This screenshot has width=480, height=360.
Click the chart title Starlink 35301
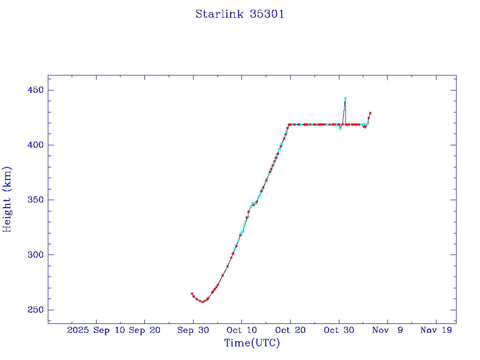[240, 14]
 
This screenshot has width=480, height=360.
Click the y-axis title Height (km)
[7, 199]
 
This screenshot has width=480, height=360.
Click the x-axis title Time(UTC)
[252, 343]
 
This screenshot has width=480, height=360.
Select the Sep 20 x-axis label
[144, 330]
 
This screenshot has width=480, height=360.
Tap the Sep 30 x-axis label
[193, 330]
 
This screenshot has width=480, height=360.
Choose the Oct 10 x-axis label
[241, 330]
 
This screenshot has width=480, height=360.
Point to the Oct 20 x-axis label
[290, 330]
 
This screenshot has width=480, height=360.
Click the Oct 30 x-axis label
[339, 330]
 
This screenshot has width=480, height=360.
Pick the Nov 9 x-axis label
[387, 330]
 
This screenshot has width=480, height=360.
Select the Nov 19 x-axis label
[436, 330]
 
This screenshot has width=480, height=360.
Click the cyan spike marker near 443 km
[345, 98]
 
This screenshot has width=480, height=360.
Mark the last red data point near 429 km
[370, 113]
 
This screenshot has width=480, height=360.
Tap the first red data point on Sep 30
[192, 294]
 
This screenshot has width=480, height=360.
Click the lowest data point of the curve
[202, 301]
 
